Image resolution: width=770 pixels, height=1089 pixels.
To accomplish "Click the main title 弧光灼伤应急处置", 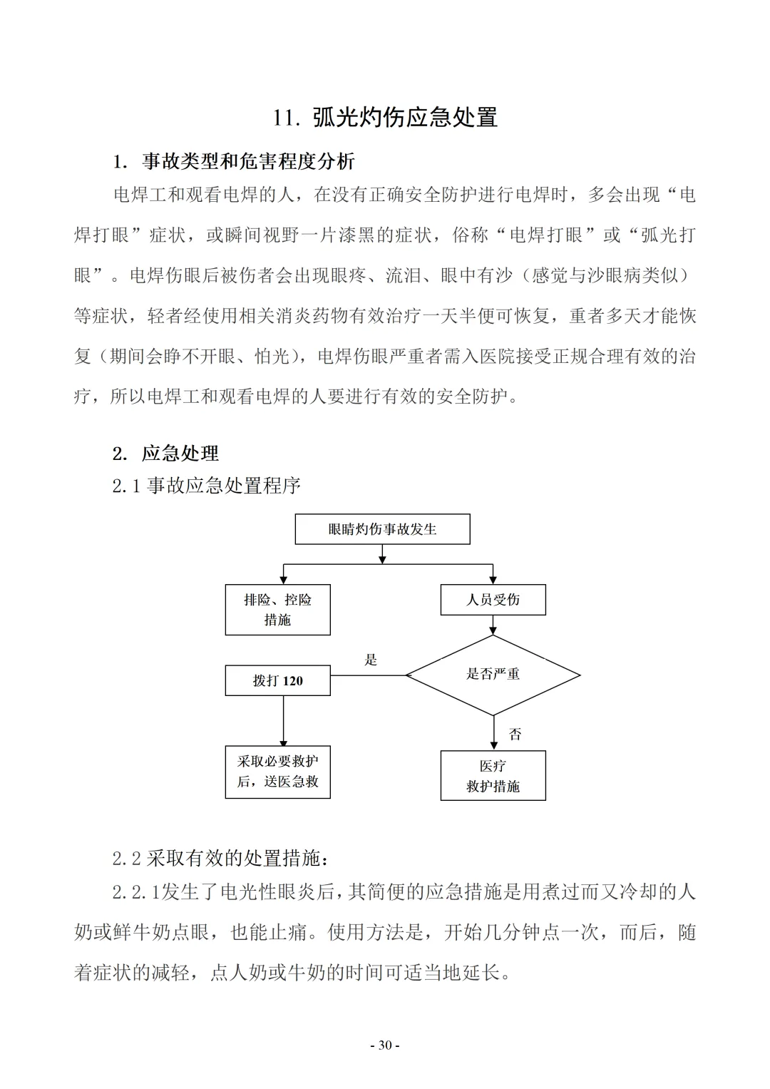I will (x=405, y=118).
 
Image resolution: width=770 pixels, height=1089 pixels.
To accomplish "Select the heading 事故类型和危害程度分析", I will (x=247, y=162).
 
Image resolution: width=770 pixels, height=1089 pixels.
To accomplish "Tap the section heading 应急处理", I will (x=180, y=453).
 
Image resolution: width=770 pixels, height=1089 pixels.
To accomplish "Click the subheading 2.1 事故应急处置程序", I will (x=206, y=486).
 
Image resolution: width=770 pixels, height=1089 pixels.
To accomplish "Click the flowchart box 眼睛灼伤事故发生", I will (x=382, y=529).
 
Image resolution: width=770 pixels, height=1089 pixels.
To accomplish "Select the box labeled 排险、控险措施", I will (x=277, y=610).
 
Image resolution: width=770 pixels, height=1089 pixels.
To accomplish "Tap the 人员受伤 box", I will (x=493, y=600).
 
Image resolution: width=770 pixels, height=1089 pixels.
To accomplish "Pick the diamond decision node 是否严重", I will (x=493, y=675).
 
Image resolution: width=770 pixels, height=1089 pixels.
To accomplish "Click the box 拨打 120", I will (x=277, y=681).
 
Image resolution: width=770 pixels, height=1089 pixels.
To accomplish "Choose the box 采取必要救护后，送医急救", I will (x=277, y=772).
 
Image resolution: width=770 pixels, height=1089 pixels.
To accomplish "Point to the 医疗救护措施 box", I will (x=493, y=776).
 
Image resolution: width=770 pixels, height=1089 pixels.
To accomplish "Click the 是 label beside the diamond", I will (x=371, y=660).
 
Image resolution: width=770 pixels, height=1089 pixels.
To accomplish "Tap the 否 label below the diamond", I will (x=515, y=734).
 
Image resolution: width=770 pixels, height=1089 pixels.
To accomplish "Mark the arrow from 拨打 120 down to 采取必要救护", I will (x=283, y=720).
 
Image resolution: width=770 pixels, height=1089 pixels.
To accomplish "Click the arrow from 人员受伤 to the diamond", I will (x=493, y=625).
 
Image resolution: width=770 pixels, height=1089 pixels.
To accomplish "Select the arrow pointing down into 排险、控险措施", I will (x=284, y=574).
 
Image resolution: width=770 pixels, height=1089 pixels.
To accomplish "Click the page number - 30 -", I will (x=385, y=1045).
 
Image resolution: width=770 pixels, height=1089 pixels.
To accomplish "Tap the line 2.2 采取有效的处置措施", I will (x=220, y=859).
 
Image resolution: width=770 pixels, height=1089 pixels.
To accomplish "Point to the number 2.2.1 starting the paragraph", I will (x=136, y=892).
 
